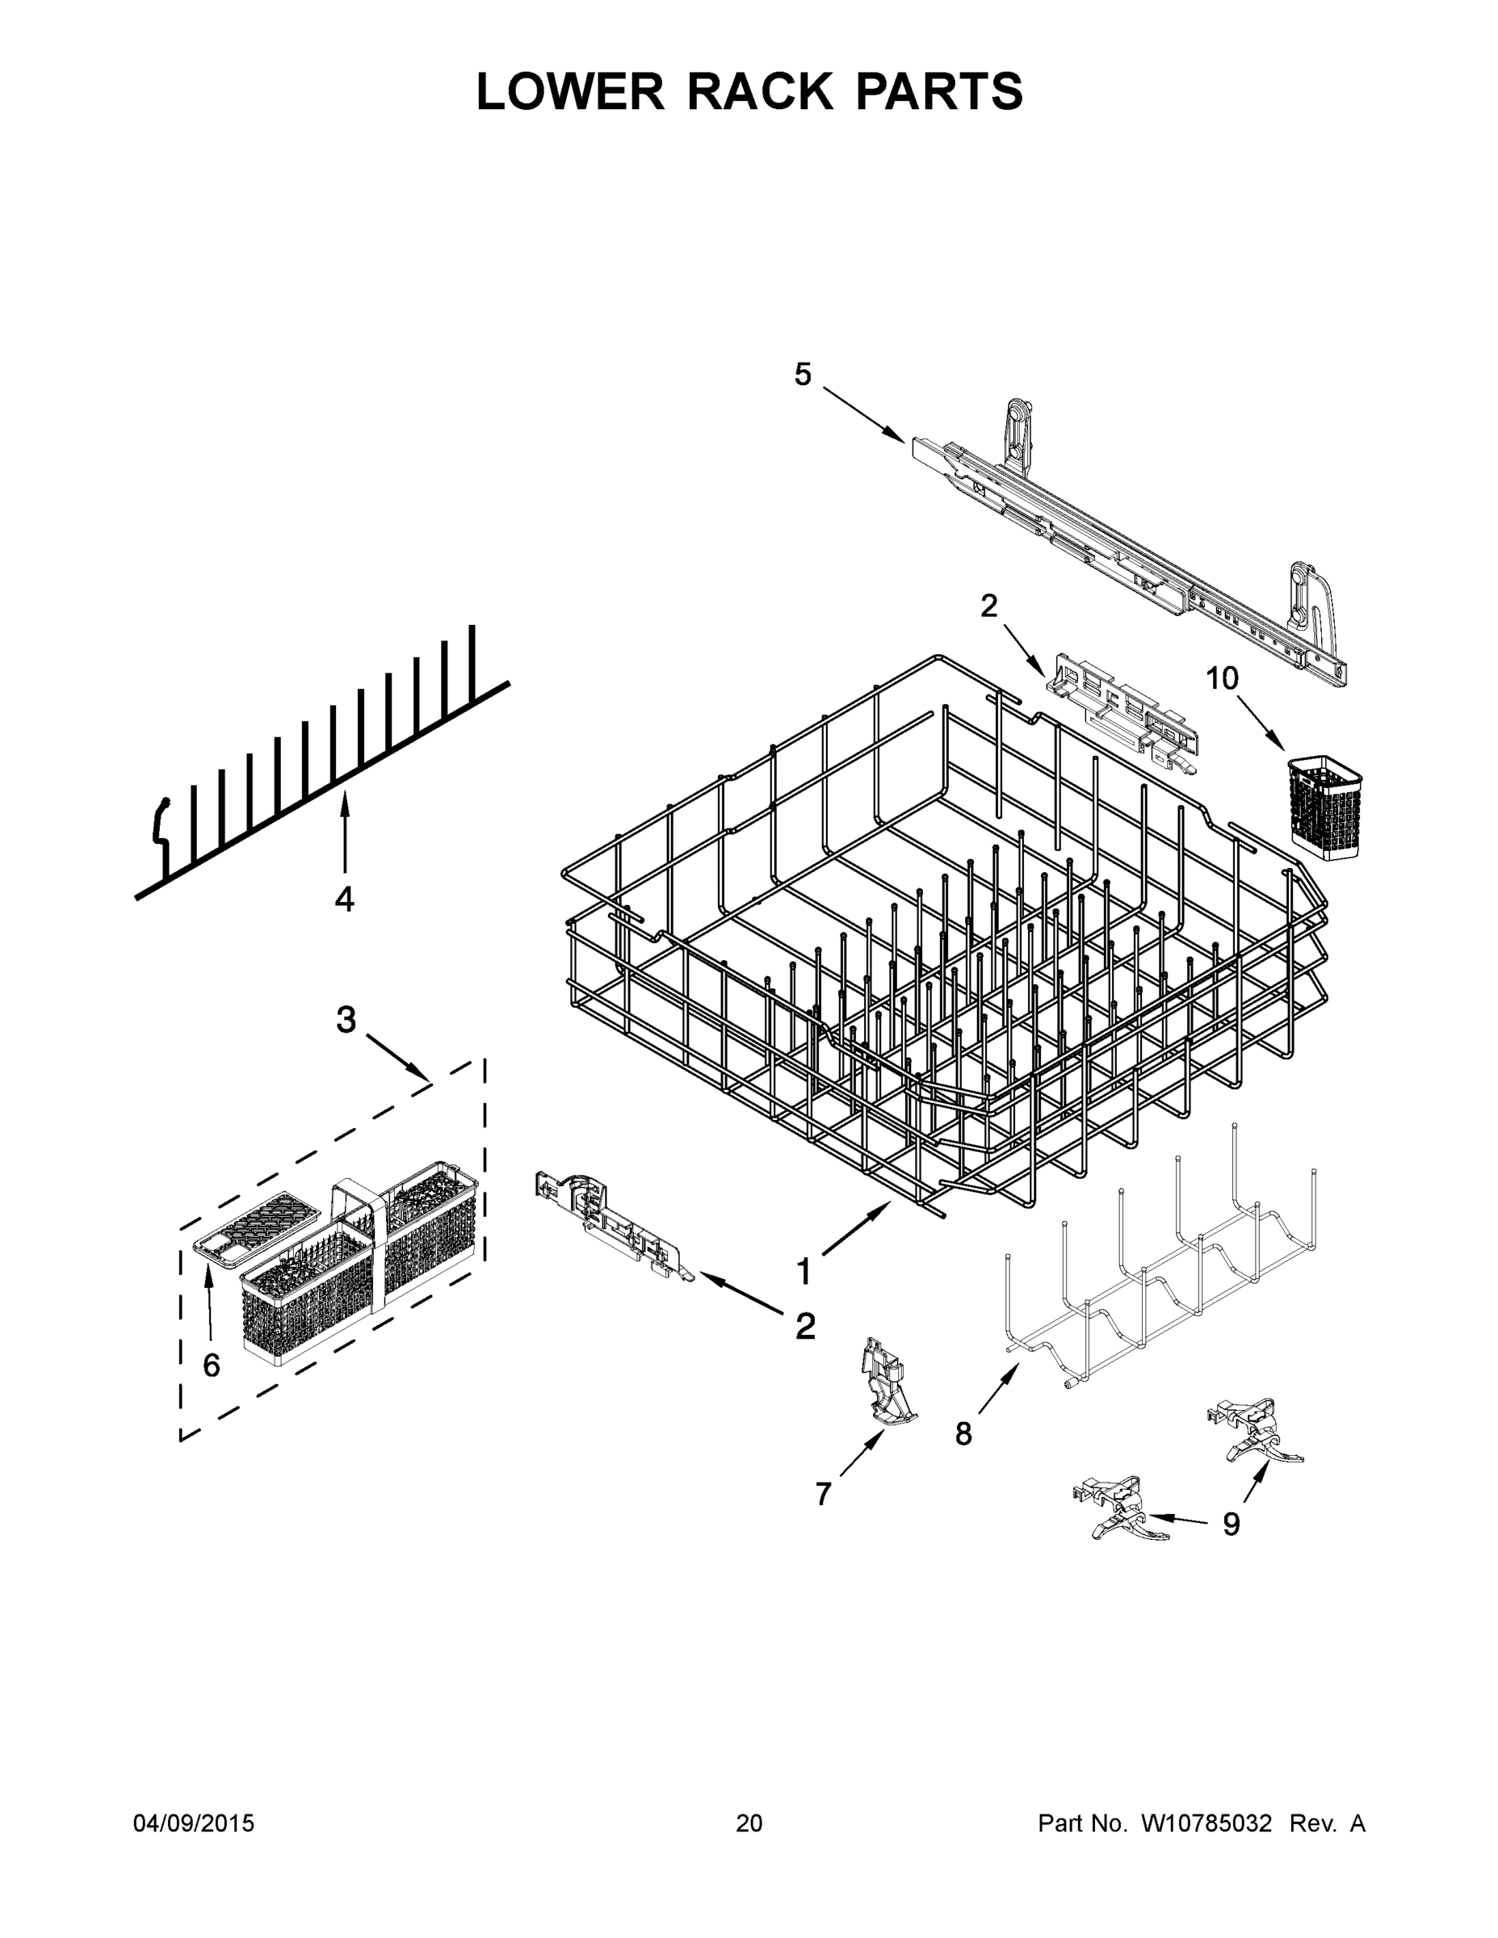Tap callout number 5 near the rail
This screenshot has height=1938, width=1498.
click(x=801, y=375)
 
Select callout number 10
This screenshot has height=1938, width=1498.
click(x=1221, y=679)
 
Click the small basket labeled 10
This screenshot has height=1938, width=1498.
click(x=1324, y=799)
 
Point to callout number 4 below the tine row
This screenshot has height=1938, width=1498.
click(x=344, y=899)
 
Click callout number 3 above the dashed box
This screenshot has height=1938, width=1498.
click(x=346, y=1020)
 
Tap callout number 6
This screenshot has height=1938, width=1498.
click(x=212, y=1365)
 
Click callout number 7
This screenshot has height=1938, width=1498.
click(x=824, y=1495)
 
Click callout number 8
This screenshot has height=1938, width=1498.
click(x=963, y=1433)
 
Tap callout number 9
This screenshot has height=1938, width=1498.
click(x=1232, y=1524)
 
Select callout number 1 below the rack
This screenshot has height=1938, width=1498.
click(x=804, y=1272)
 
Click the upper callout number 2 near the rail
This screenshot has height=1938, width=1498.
click(x=988, y=606)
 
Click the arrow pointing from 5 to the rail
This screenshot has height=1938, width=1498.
click(x=863, y=413)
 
